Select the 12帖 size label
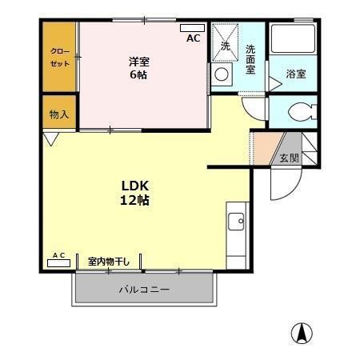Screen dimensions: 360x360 134,200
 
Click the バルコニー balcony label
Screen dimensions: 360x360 144,289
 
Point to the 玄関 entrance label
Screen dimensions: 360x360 288,158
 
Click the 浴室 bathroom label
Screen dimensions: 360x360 295,75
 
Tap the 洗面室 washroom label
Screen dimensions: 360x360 250,60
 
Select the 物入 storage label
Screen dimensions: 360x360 58,114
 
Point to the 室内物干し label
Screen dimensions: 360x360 110,261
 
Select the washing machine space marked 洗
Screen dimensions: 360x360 225,46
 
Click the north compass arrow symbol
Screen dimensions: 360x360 302,334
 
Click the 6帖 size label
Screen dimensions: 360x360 139,75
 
